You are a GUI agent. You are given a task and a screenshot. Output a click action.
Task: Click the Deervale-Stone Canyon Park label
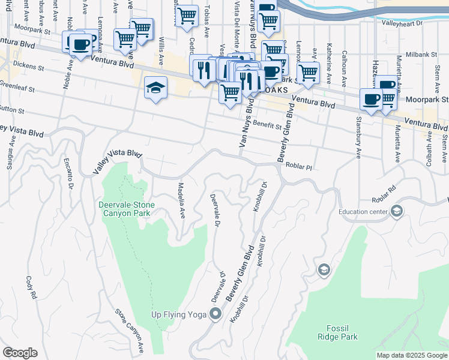pyautogui.click(x=127, y=209)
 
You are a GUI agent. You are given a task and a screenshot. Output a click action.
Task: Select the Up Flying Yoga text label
pyautogui.click(x=178, y=314)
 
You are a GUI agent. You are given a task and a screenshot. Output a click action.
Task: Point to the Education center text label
pyautogui.click(x=363, y=211)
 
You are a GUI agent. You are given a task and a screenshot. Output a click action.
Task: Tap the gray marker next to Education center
pyautogui.click(x=397, y=211)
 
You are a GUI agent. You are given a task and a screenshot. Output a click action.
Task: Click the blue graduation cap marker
pyautogui.click(x=155, y=88)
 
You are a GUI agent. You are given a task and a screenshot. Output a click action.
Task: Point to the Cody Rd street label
pyautogui.click(x=31, y=287)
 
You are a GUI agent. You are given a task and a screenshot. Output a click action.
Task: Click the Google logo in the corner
pyautogui.click(x=20, y=353)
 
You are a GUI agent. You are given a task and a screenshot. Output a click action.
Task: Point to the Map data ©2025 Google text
pyautogui.click(x=411, y=355)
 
